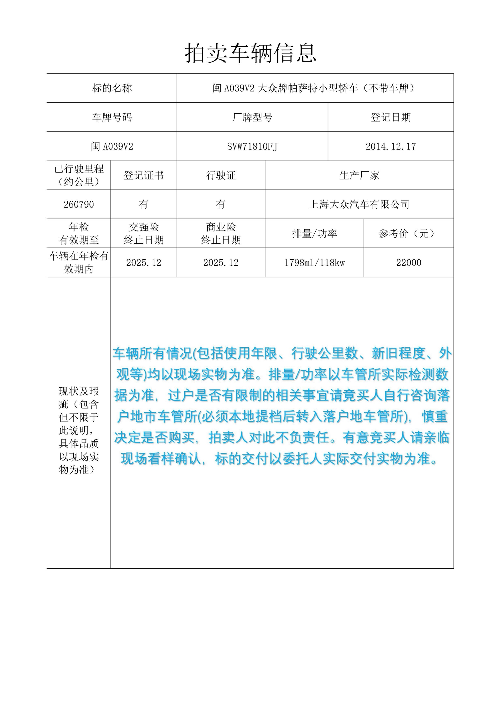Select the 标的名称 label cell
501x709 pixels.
[x=112, y=88]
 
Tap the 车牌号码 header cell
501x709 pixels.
[x=112, y=117]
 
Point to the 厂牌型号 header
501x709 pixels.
[x=252, y=117]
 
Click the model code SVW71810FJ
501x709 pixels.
[x=252, y=146]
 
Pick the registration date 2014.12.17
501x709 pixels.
[x=390, y=146]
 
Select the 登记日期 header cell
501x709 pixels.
[x=390, y=117]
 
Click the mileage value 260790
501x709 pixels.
[x=79, y=204]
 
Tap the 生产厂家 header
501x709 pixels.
[x=359, y=175]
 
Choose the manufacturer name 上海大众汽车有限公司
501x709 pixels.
[x=359, y=204]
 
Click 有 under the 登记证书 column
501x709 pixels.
[x=143, y=204]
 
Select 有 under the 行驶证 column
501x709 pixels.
[x=221, y=204]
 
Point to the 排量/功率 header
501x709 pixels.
[x=314, y=233]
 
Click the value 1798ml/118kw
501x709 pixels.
[x=314, y=262]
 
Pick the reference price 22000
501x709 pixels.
[x=408, y=262]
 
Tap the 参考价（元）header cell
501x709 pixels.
[x=408, y=233]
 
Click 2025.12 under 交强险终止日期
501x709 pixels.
[x=143, y=262]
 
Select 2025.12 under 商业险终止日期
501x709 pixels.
[x=221, y=262]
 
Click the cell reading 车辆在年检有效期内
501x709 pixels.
[x=79, y=262]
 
